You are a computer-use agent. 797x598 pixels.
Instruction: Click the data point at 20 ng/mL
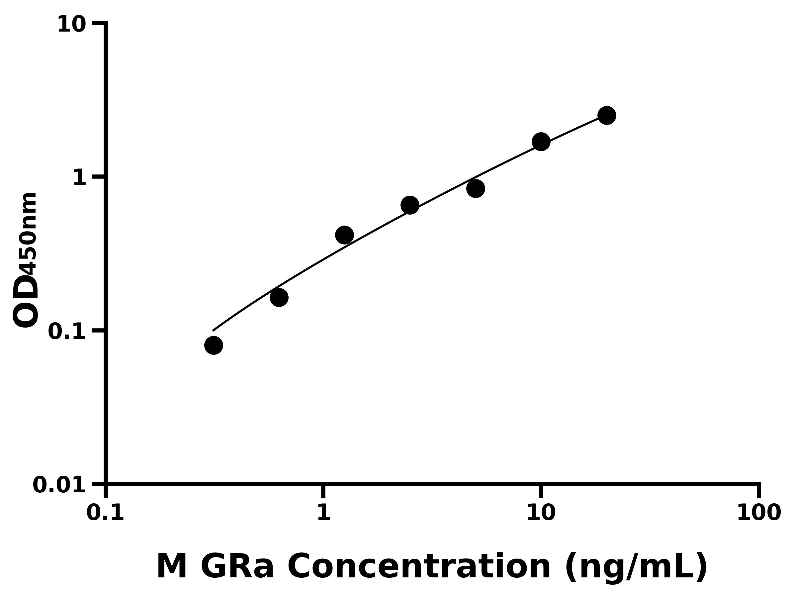607,115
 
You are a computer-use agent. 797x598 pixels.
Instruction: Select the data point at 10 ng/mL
541,142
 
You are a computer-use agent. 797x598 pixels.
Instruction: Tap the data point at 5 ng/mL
476,188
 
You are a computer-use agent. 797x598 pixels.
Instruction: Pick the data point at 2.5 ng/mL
410,205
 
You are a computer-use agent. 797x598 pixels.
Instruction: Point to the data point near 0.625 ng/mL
279,297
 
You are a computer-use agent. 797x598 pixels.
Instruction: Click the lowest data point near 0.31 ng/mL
214,345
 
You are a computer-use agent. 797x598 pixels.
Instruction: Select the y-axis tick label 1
80,178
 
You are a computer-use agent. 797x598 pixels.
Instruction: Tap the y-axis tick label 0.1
67,332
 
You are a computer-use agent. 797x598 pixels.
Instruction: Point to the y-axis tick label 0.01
59,485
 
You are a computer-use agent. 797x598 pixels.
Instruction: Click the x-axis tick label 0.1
105,513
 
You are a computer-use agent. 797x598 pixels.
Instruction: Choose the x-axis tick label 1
323,513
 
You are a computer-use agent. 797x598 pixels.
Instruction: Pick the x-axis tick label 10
541,513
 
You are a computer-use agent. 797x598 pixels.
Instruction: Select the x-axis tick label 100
759,513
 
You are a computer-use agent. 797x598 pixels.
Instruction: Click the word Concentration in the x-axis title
419,567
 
